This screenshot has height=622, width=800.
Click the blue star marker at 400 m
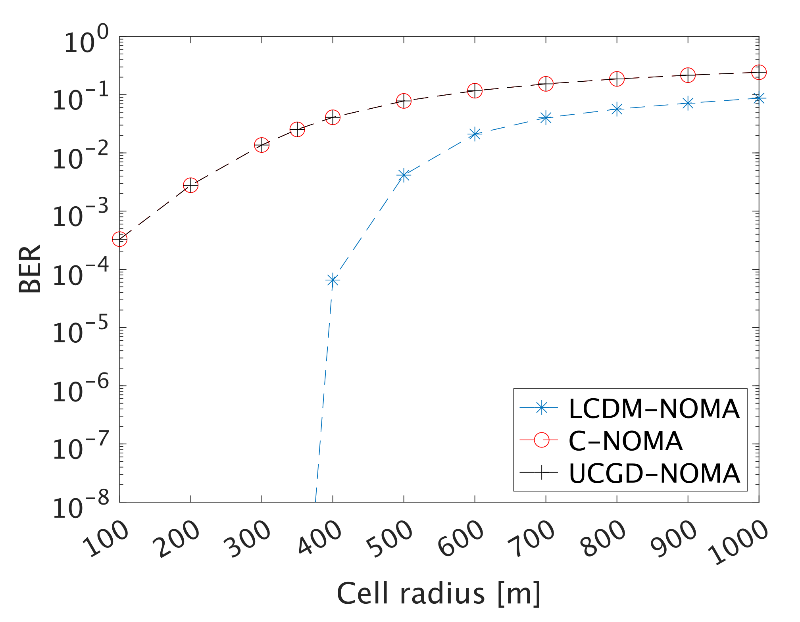point(333,280)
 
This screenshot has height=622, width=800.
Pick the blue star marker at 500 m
point(404,175)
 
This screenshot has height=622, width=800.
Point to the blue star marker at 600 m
point(475,134)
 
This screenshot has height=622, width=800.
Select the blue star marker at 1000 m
point(759,98)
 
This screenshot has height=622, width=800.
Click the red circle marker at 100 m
point(120,239)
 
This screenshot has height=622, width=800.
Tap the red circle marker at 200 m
point(191,185)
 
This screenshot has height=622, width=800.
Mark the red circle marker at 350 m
point(297,129)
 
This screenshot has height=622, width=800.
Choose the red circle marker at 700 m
point(546,84)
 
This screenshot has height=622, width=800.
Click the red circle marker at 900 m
point(688,75)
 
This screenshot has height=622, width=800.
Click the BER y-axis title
point(30,269)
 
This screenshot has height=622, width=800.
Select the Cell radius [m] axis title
point(438,594)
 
